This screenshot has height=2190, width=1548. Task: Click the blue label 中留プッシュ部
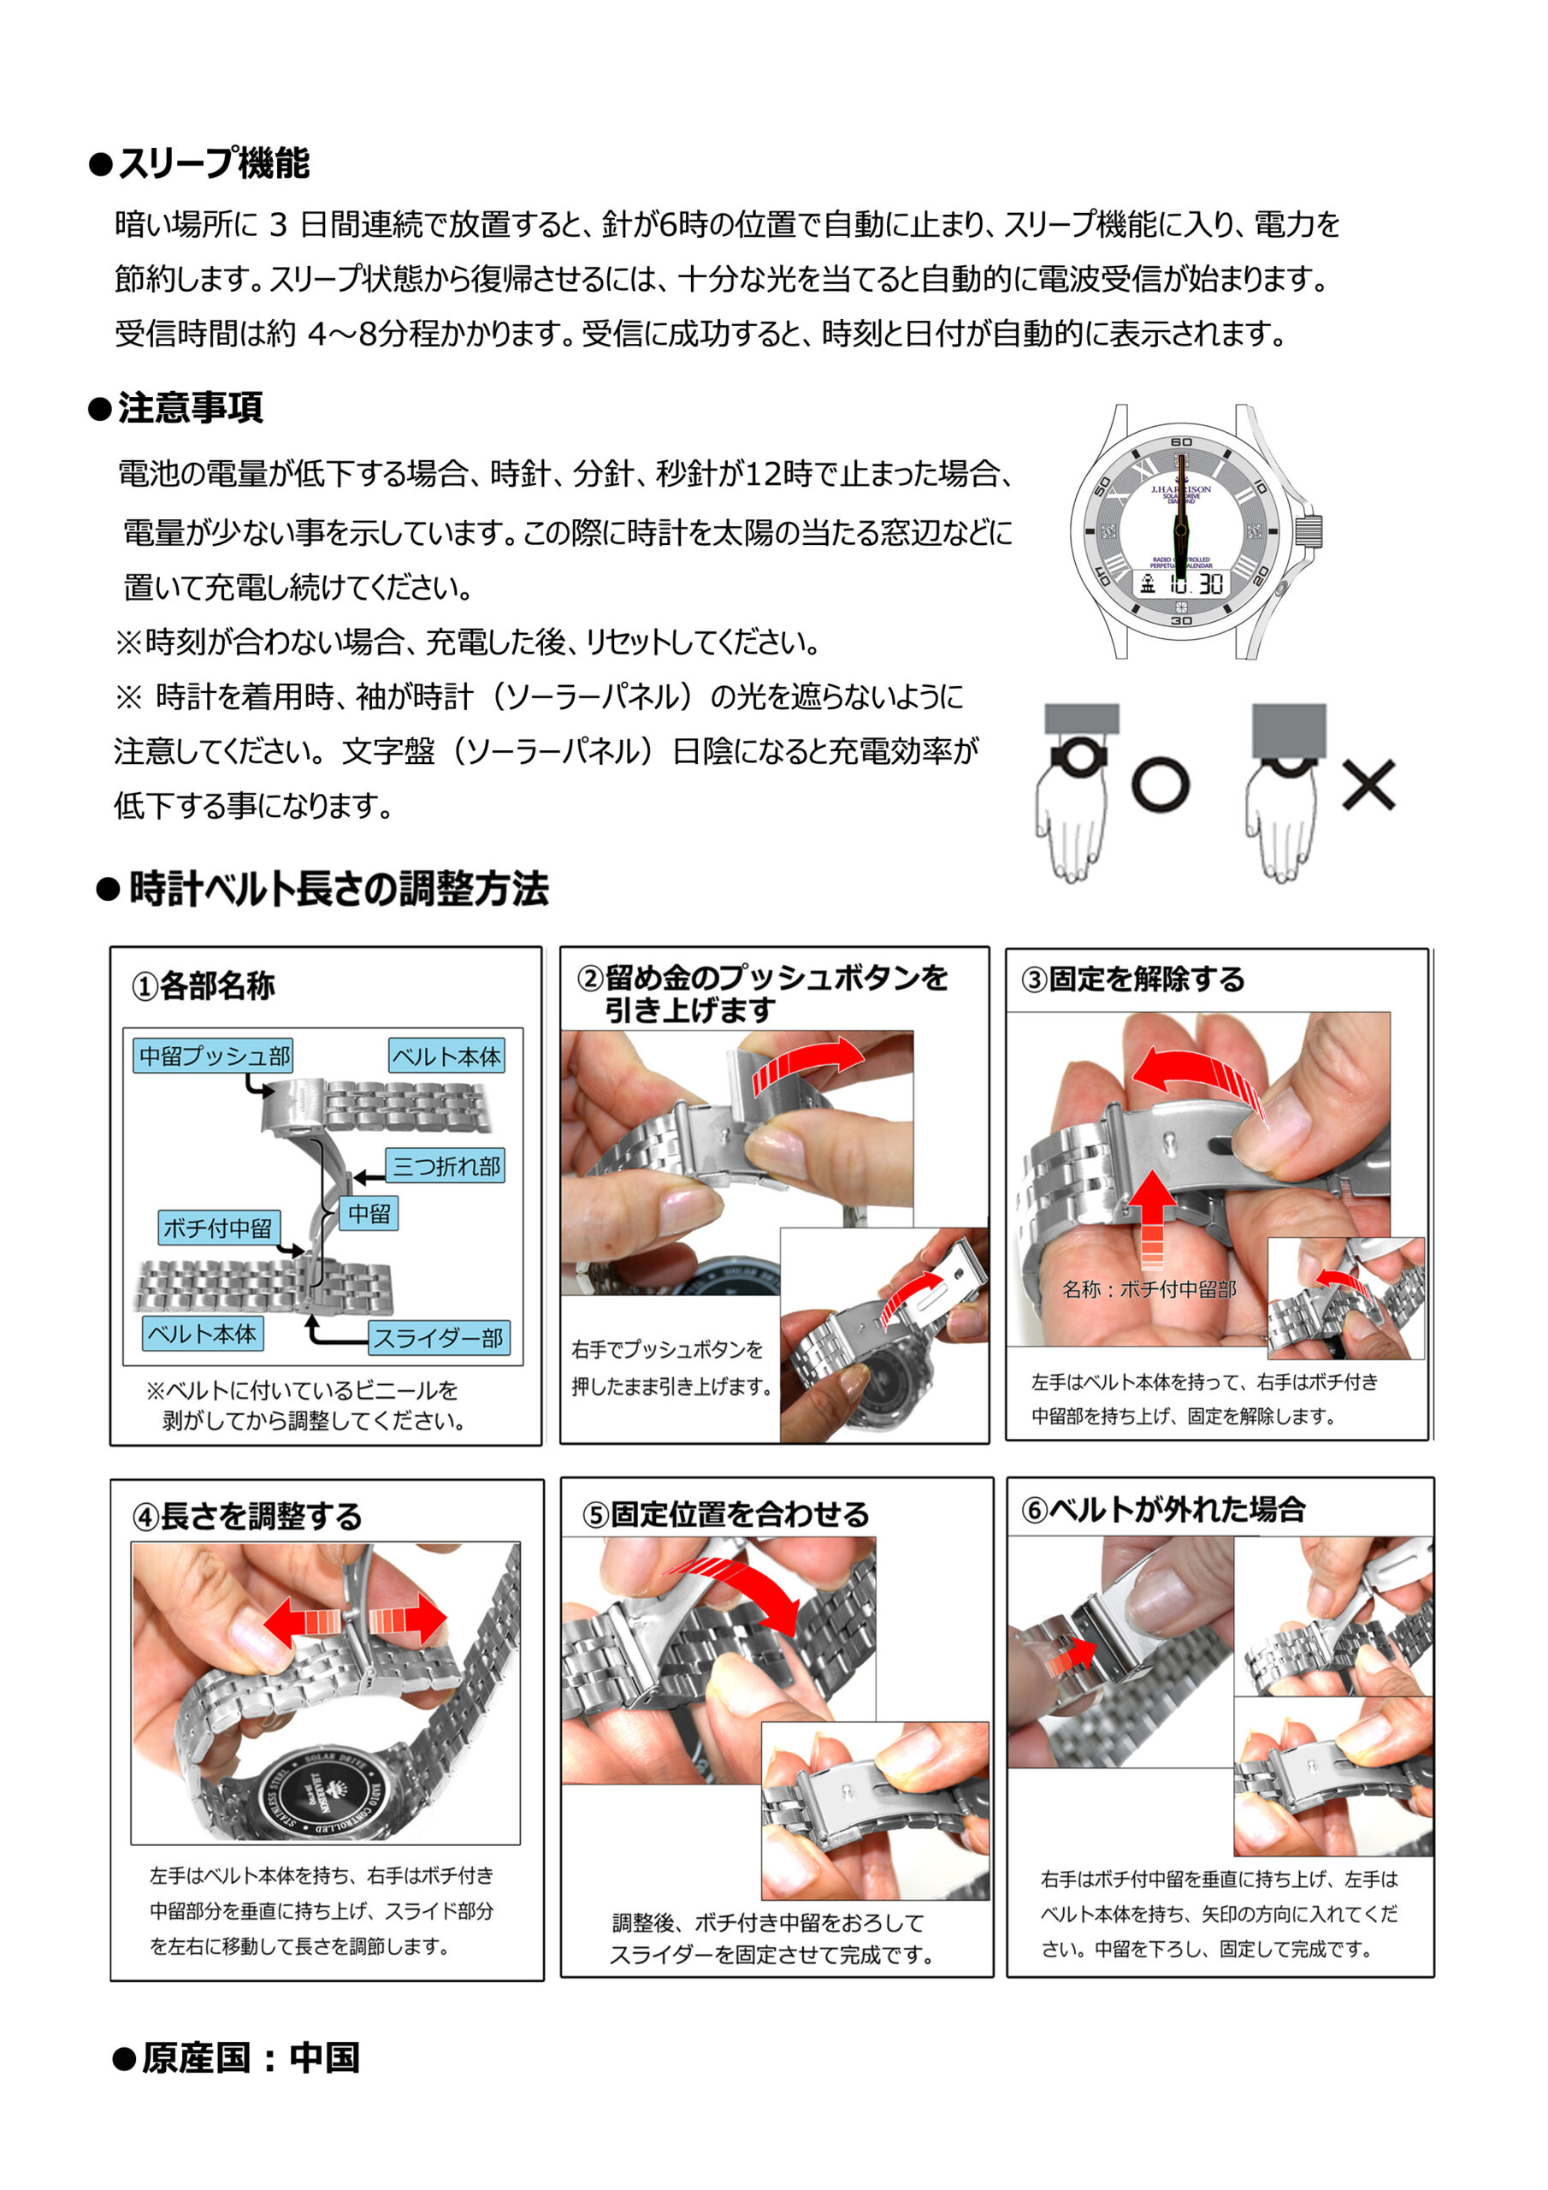pyautogui.click(x=214, y=1056)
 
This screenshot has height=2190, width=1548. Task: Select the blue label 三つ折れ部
pyautogui.click(x=446, y=1166)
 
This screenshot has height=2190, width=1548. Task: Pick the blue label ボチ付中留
pyautogui.click(x=217, y=1228)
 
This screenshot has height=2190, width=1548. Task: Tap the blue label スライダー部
pyautogui.click(x=439, y=1337)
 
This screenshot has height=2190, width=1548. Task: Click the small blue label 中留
pyautogui.click(x=369, y=1213)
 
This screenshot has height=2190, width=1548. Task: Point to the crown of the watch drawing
pyautogui.click(x=1309, y=531)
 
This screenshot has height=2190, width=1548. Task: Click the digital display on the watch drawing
pyautogui.click(x=1181, y=583)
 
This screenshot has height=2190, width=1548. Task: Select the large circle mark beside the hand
pyautogui.click(x=1160, y=784)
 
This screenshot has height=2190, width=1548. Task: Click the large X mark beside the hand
pyautogui.click(x=1368, y=784)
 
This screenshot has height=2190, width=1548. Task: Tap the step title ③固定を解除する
pyautogui.click(x=1133, y=980)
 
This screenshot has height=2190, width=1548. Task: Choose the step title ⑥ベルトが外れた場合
pyautogui.click(x=1162, y=1510)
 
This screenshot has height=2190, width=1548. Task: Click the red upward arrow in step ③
pyautogui.click(x=1153, y=1218)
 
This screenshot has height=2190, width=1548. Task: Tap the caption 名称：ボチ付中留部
pyautogui.click(x=1149, y=1289)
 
